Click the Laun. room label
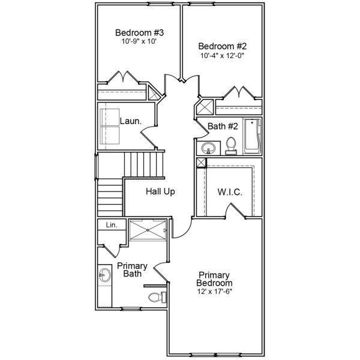click(130, 121)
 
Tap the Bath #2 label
click(223, 126)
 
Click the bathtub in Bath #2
click(253, 136)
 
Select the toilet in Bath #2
click(231, 146)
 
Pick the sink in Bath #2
click(209, 147)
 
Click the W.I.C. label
click(229, 192)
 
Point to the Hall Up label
click(160, 192)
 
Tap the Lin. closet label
click(112, 225)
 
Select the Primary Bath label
click(132, 269)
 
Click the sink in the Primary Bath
click(104, 276)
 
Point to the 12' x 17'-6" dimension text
click(215, 292)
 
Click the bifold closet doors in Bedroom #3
click(124, 79)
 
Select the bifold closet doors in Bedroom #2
click(240, 92)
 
